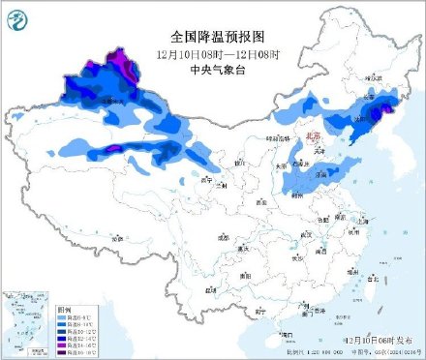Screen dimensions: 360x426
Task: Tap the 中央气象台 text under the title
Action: pos(212,68)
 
